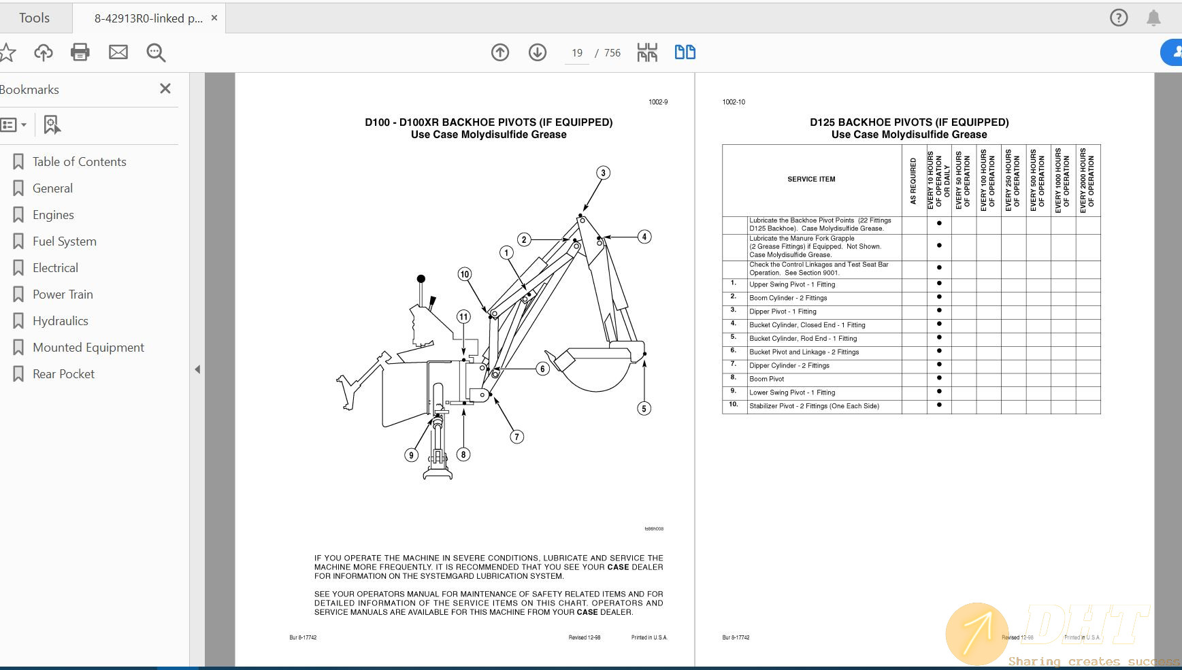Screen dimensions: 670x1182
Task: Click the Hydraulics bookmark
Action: click(x=60, y=321)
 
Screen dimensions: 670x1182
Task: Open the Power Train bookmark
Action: click(x=63, y=295)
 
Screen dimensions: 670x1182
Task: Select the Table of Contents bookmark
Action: click(x=79, y=162)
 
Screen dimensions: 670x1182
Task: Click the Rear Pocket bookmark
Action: click(x=63, y=374)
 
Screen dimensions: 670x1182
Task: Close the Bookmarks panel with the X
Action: click(x=165, y=89)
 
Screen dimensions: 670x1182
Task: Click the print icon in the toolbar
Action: click(x=80, y=52)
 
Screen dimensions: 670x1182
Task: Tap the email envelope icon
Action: click(x=118, y=52)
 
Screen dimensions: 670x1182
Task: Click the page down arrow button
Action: click(x=538, y=52)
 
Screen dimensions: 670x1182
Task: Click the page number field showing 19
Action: click(x=577, y=53)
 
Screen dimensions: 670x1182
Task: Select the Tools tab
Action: click(x=34, y=18)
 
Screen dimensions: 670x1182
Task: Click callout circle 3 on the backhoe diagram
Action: click(x=603, y=173)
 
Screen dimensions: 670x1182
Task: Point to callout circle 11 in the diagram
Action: click(x=463, y=316)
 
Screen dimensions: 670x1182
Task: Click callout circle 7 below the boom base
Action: click(x=517, y=437)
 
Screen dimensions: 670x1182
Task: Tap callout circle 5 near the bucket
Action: click(x=644, y=408)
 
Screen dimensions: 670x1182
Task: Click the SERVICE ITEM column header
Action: click(x=811, y=180)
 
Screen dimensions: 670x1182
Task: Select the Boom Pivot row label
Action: click(x=767, y=379)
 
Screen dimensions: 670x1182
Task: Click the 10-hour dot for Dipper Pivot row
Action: click(x=939, y=311)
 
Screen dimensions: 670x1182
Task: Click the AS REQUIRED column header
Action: click(x=913, y=181)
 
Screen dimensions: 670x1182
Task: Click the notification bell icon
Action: click(x=1153, y=18)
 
